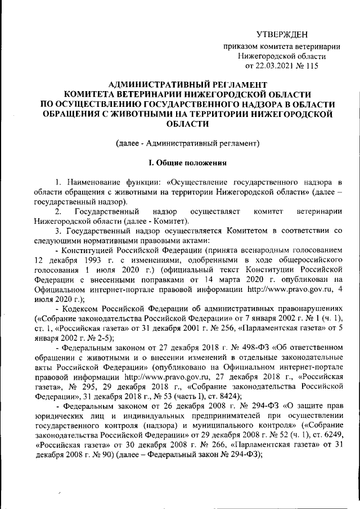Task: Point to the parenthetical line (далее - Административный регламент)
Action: point(187,143)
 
